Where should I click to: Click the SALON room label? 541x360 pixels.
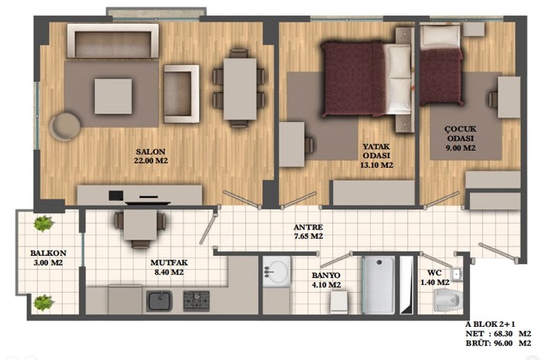[151, 151]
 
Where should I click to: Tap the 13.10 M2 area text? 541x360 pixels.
[376, 165]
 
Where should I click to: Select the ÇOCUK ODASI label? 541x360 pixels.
[461, 134]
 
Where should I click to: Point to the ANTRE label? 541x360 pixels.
[308, 227]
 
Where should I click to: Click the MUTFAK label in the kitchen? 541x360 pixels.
[169, 263]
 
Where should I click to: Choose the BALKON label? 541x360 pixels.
[48, 253]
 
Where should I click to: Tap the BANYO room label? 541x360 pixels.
[326, 275]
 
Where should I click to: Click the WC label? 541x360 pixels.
[434, 273]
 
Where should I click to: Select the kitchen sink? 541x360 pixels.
[159, 301]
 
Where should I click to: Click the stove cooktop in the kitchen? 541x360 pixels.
[196, 301]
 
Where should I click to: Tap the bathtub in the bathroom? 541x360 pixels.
[379, 284]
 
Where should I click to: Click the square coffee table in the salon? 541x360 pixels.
[113, 97]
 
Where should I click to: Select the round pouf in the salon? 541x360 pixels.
[65, 126]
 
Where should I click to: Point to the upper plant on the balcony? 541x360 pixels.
[44, 223]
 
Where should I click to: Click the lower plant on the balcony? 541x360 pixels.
[44, 303]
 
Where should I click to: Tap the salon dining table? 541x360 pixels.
[240, 89]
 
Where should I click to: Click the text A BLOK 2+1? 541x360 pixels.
[490, 324]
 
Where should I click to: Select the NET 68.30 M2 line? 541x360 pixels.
[498, 334]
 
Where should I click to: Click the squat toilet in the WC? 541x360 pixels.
[448, 299]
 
